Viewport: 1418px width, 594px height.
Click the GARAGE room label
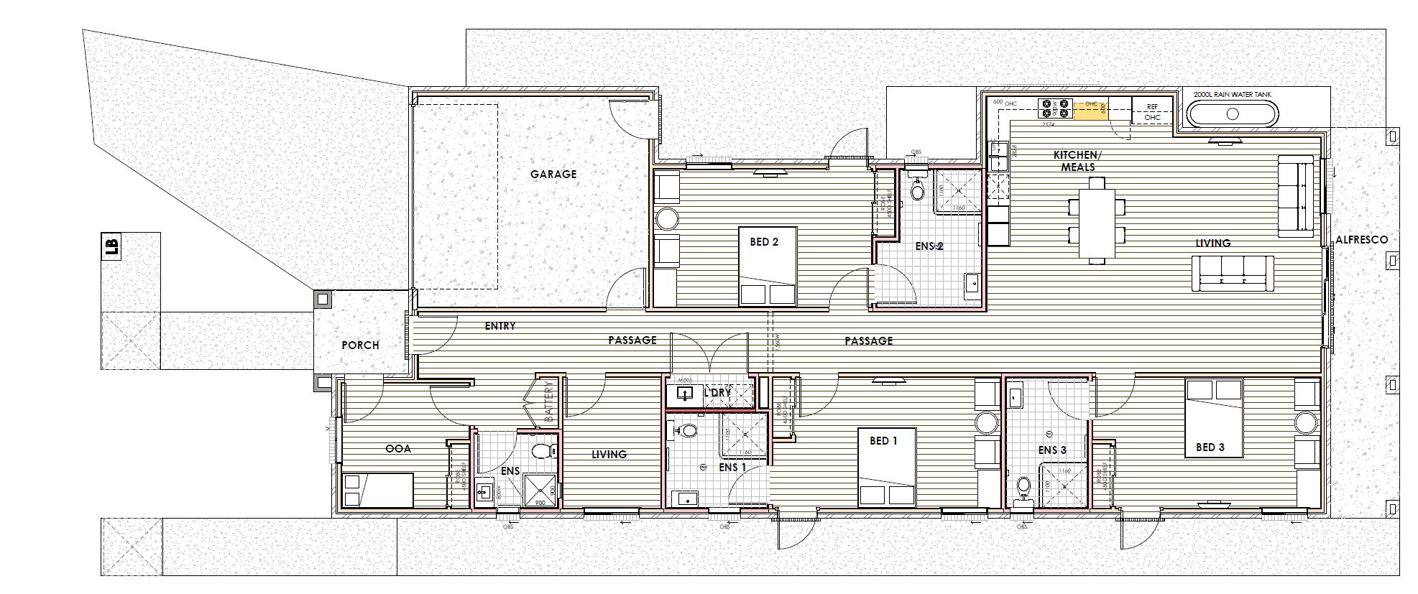(553, 174)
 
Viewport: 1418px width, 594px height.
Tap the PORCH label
(360, 345)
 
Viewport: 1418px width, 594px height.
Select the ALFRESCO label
(1361, 240)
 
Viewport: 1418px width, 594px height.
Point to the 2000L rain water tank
(1232, 113)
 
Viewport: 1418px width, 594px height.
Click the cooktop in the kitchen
(1054, 108)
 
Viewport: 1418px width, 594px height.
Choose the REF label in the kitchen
(1152, 106)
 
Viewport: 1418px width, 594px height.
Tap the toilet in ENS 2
(917, 188)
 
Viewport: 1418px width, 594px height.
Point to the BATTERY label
(550, 405)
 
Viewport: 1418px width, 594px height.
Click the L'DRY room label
(717, 393)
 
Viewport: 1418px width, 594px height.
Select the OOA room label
(398, 448)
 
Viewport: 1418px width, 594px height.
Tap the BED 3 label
(1210, 447)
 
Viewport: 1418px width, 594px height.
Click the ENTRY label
(500, 326)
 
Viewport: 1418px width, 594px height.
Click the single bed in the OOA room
(377, 490)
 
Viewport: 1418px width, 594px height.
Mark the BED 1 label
(883, 440)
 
